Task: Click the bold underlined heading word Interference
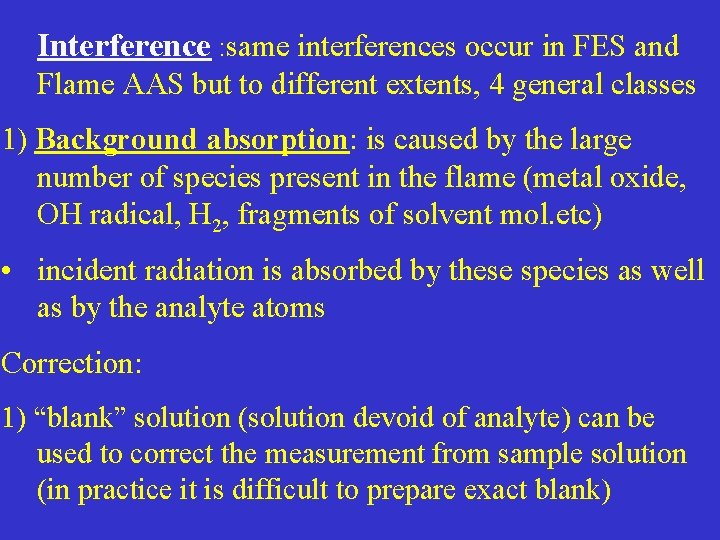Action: (x=124, y=46)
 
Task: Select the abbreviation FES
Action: (x=584, y=46)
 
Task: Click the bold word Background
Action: (x=118, y=140)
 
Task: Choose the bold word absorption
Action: (x=277, y=140)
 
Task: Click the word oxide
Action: (x=630, y=177)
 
